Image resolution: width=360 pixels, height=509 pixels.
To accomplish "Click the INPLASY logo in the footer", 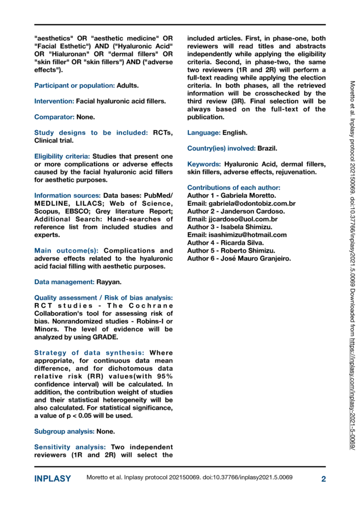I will click(52, 479).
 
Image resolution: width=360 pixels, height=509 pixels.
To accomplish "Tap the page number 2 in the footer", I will click(323, 479).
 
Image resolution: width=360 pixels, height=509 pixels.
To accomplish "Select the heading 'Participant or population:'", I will click(75, 85).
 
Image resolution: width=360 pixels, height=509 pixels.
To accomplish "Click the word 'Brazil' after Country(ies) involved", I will click(268, 149).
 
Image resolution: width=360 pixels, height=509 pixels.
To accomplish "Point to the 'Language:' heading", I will click(204, 133).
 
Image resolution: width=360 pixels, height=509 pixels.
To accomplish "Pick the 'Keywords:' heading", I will click(204, 164).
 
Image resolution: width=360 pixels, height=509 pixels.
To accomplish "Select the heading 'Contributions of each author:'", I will click(234, 188).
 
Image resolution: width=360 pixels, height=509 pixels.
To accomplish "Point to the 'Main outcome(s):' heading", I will click(67, 251).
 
